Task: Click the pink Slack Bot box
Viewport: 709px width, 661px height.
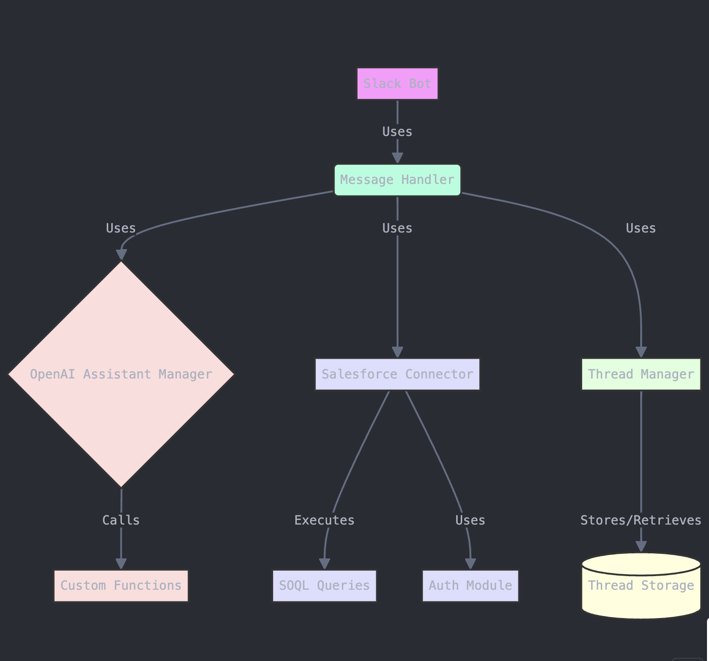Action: point(397,84)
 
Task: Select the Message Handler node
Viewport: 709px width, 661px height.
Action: point(397,180)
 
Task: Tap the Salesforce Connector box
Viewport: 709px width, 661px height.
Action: point(397,374)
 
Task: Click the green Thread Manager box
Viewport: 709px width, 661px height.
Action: point(641,374)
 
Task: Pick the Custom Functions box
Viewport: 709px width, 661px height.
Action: point(121,586)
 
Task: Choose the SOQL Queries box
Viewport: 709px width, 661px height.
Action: point(324,586)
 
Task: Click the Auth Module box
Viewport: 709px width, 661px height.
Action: point(470,586)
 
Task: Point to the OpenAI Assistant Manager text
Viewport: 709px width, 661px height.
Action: point(121,374)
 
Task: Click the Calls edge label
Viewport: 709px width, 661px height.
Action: point(121,520)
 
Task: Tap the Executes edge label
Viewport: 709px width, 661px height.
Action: point(324,520)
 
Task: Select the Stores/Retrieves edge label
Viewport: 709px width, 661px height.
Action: point(641,520)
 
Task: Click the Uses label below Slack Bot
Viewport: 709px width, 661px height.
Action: point(397,132)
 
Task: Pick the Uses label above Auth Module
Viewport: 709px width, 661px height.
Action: point(470,520)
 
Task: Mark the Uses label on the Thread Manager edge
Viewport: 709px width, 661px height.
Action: point(641,228)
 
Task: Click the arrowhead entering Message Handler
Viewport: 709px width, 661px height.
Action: point(397,158)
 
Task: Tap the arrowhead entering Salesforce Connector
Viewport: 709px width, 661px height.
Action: point(397,352)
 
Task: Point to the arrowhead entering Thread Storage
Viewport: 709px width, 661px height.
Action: point(641,546)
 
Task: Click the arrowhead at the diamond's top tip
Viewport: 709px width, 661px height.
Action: point(121,254)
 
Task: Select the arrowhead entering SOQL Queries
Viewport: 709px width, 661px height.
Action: point(325,563)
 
